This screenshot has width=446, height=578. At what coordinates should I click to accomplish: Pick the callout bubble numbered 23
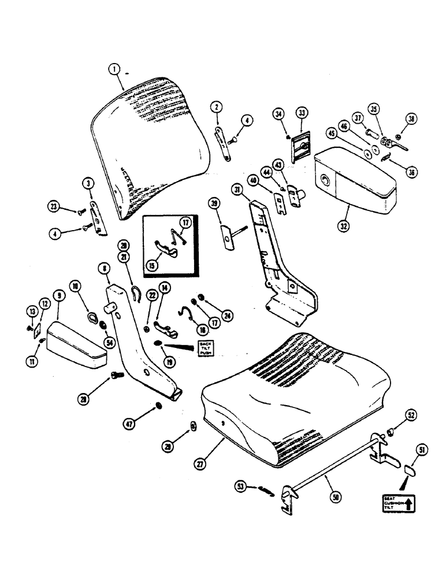click(x=53, y=206)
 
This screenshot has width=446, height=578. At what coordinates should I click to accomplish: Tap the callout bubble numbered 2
click(x=216, y=107)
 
